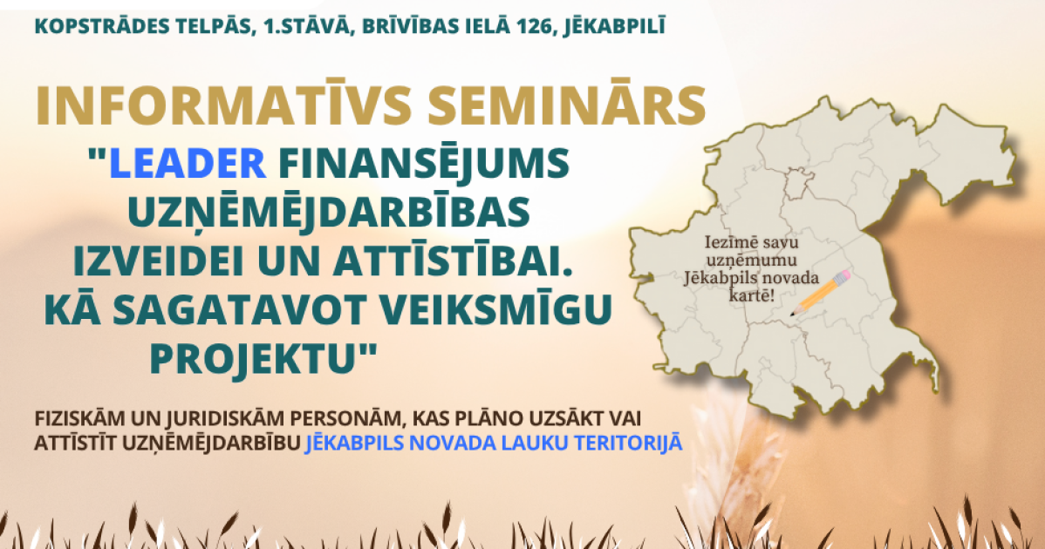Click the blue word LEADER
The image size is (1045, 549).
point(188,164)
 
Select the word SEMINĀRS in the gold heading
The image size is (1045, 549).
point(567,105)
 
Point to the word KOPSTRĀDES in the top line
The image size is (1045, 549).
point(93,27)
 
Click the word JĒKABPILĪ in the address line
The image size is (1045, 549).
point(614,27)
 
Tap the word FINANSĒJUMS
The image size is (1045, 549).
point(424,164)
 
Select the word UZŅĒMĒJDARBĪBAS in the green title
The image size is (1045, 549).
point(328,213)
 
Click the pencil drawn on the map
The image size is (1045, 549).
point(821,293)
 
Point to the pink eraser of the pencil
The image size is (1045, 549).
point(844,275)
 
